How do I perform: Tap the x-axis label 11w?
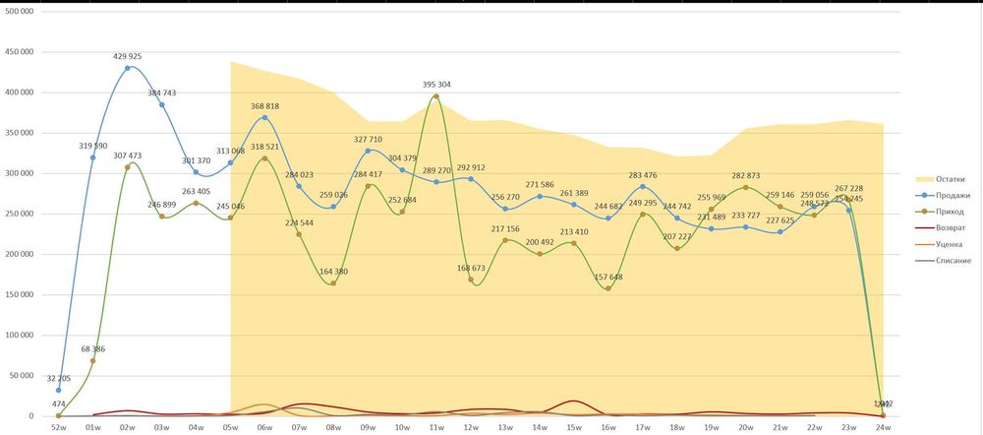tap(436, 428)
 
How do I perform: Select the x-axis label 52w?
tap(58, 428)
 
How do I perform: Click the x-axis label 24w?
tap(884, 428)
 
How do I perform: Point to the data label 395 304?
tap(436, 85)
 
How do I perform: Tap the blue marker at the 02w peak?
tap(127, 68)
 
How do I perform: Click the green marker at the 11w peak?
tap(436, 96)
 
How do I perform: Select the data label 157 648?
tap(608, 277)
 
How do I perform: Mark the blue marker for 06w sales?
tap(264, 118)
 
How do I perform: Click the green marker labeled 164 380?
tap(333, 283)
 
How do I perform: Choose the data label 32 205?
tap(58, 378)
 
